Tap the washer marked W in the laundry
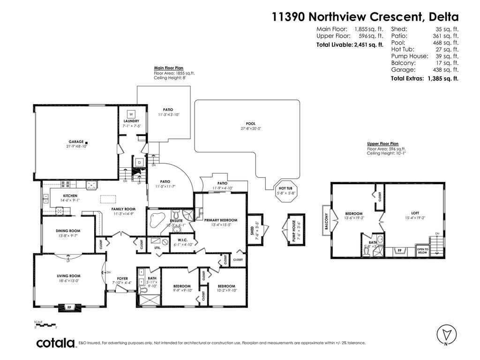tap(131, 114)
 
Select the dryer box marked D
tap(139, 162)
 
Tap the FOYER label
tap(122, 278)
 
